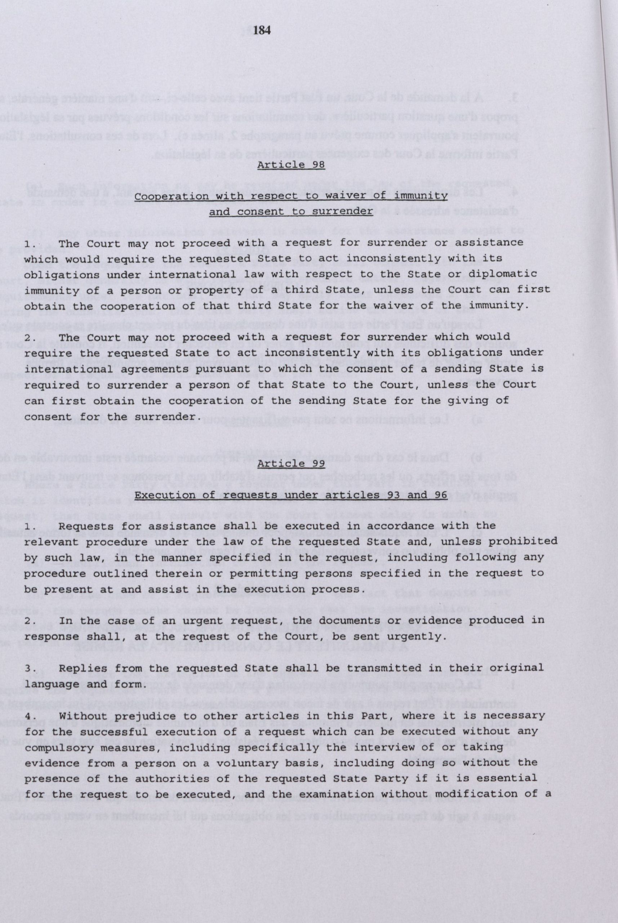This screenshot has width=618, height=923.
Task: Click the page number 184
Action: pos(261,30)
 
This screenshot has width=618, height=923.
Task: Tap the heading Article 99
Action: pos(291,463)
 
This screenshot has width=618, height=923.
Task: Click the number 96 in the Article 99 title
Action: pos(438,495)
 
